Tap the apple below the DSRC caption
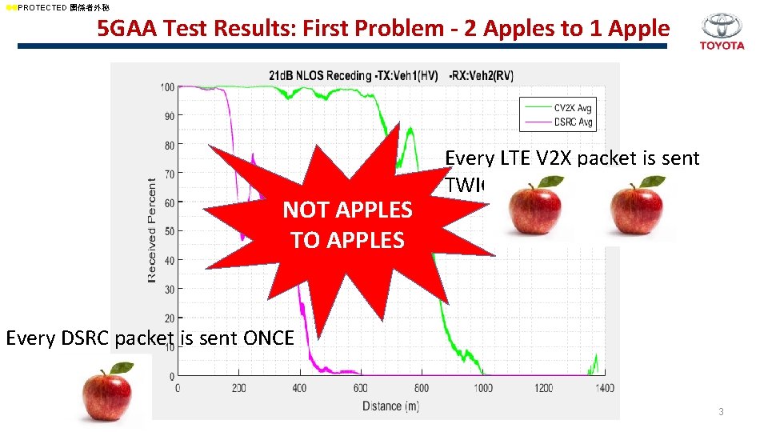(109, 391)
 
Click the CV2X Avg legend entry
(572, 107)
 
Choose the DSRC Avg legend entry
(572, 122)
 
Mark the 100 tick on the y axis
(167, 86)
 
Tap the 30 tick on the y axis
(169, 289)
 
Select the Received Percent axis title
(152, 230)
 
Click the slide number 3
(721, 411)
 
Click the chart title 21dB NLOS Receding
(321, 76)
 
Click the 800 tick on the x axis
(421, 388)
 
